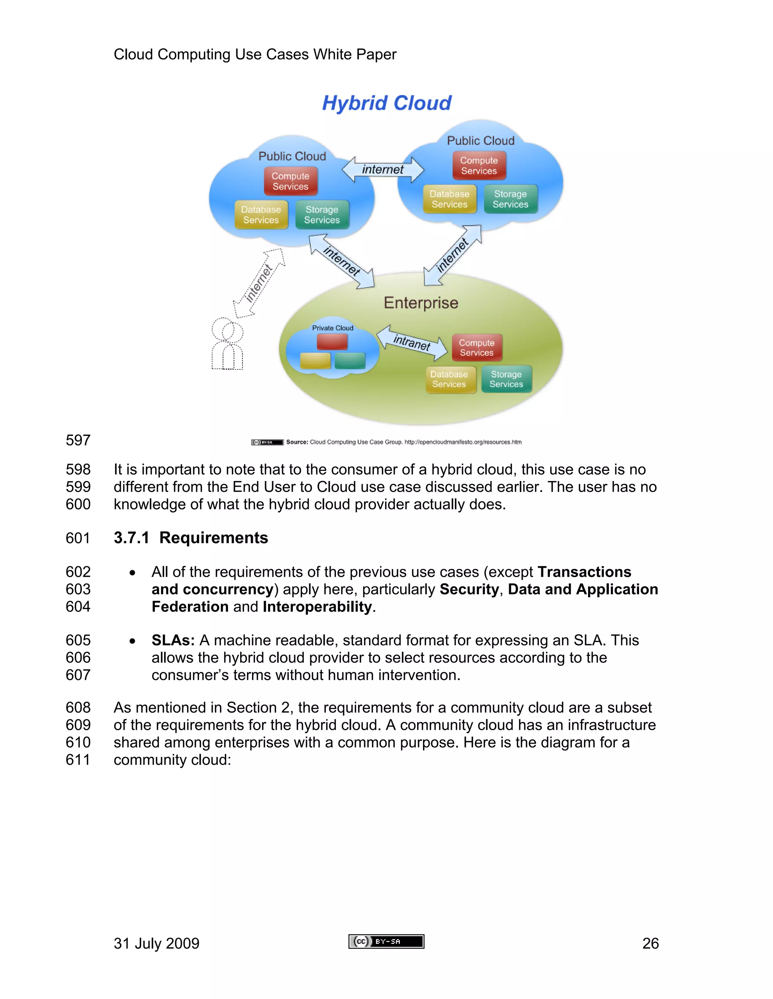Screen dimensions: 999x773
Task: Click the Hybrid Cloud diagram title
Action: (387, 103)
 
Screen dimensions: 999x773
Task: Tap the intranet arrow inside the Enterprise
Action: (412, 343)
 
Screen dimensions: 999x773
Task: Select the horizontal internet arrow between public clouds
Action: (383, 170)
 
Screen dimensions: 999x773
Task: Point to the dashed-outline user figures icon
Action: (227, 344)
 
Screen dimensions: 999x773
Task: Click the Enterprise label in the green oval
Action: (421, 303)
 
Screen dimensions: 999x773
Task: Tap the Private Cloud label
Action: (333, 328)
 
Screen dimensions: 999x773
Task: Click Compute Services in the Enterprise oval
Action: (477, 348)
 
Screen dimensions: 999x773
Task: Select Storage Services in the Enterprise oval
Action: (506, 379)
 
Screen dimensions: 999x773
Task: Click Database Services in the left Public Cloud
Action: (261, 215)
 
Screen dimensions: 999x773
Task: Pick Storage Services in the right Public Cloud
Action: (510, 199)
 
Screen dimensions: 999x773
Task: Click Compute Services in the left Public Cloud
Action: (290, 181)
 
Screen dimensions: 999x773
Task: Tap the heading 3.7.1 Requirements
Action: (191, 538)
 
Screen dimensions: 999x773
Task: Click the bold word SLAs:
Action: (173, 640)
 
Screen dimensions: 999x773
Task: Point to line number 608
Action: (78, 707)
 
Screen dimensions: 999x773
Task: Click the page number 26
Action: (650, 943)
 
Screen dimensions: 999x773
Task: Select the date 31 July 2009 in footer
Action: (157, 943)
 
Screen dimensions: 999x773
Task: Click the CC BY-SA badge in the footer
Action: (386, 941)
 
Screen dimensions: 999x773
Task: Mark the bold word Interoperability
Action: (317, 607)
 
